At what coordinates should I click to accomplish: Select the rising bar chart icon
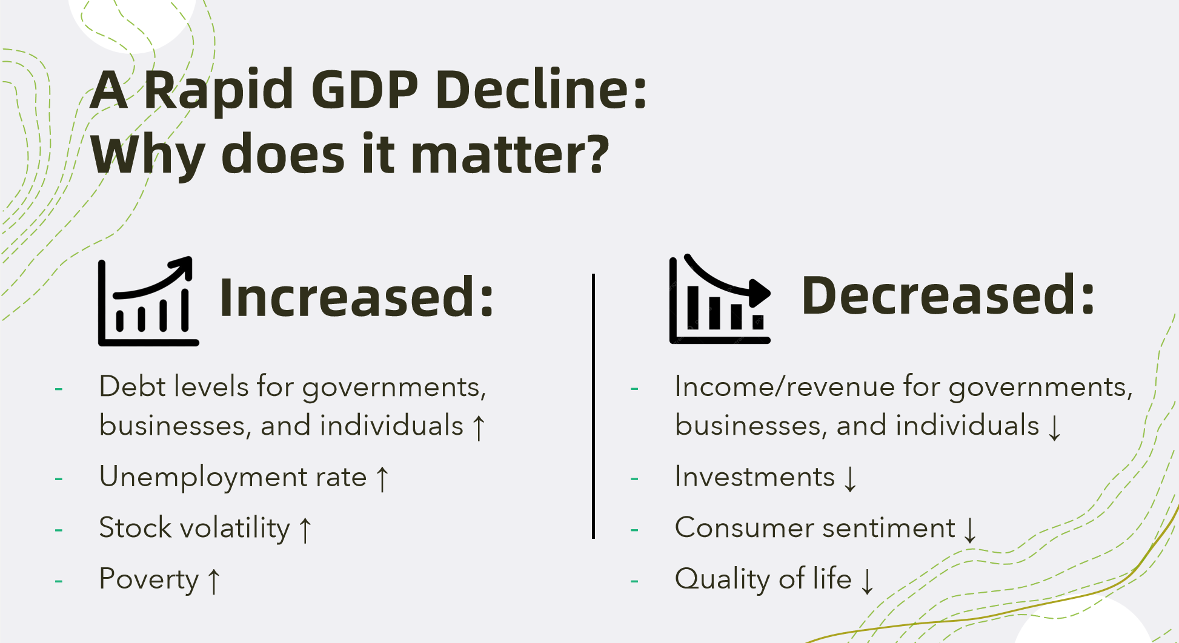[x=148, y=301]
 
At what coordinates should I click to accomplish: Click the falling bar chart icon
[x=720, y=299]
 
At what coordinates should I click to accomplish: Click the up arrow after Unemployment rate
[x=382, y=479]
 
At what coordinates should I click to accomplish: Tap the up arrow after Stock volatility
[x=305, y=530]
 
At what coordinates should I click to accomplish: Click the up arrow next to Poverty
[x=213, y=581]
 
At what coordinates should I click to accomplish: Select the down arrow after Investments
[x=851, y=479]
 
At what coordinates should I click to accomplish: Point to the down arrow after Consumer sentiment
[x=971, y=530]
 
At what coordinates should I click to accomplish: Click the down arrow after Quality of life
[x=868, y=581]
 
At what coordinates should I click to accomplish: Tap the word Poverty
[x=149, y=579]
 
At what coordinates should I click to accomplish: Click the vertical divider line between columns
[x=593, y=406]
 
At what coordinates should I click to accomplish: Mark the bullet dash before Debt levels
[x=59, y=389]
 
